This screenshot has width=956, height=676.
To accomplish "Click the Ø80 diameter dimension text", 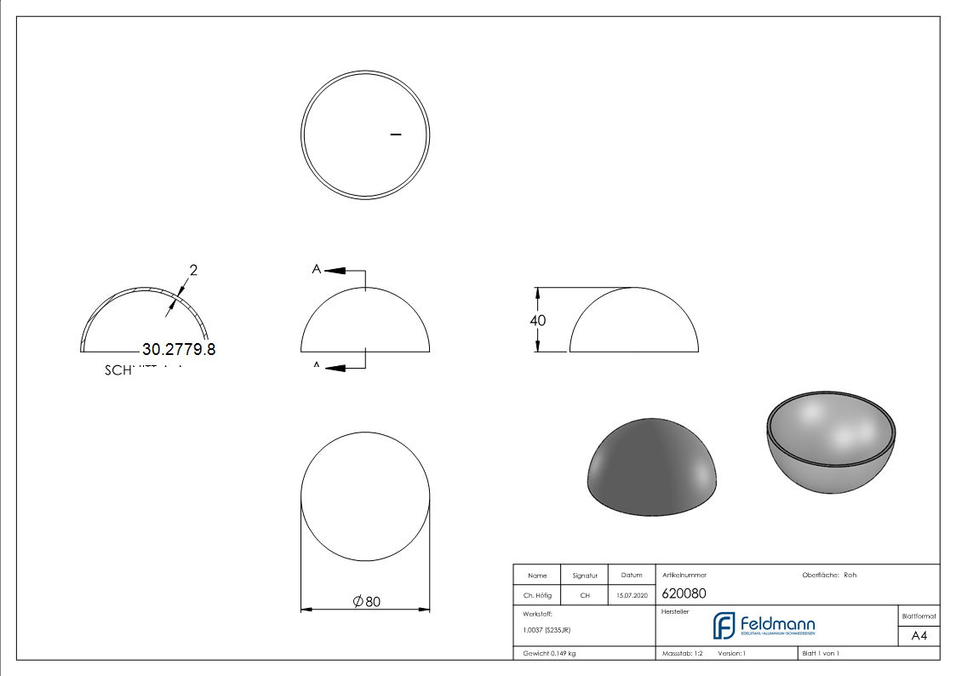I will tap(366, 602).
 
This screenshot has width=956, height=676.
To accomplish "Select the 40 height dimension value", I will tap(537, 321).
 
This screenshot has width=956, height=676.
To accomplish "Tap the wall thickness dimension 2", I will tap(193, 271).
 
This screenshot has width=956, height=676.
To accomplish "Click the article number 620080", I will tap(684, 593).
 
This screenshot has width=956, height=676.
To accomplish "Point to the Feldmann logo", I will tap(764, 626).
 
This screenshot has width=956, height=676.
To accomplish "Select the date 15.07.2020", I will tap(631, 596).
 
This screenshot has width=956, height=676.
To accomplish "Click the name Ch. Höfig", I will tap(536, 596).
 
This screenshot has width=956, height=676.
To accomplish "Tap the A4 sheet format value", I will tap(919, 636).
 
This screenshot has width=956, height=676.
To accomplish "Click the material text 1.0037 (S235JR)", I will tap(547, 630).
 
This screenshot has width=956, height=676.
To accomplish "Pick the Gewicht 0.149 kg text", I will tap(549, 653).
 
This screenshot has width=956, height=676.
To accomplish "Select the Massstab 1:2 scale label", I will tap(682, 653).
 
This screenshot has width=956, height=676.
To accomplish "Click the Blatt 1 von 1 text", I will tap(821, 653).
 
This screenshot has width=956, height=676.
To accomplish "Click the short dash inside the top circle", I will tap(395, 135).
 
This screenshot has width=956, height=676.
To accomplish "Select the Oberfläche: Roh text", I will tap(829, 575).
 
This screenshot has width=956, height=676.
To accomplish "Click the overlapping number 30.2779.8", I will tap(179, 349).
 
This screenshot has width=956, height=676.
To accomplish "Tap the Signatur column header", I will tap(585, 576).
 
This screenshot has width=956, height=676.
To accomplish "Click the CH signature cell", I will tap(585, 596).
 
